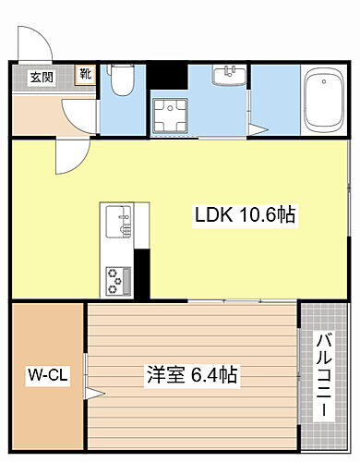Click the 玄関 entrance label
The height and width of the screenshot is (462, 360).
point(41,78)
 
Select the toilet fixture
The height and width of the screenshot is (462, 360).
point(119,82)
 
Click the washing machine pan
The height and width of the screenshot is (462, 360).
point(170,115)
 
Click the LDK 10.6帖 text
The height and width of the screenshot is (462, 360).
point(244,216)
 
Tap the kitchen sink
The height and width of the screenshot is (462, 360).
point(117,223)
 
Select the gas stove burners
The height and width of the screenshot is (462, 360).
point(118,278)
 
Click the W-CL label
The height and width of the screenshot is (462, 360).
point(43,376)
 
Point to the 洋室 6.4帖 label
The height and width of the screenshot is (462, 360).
point(191,376)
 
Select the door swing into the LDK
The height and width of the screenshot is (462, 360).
point(68,157)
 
